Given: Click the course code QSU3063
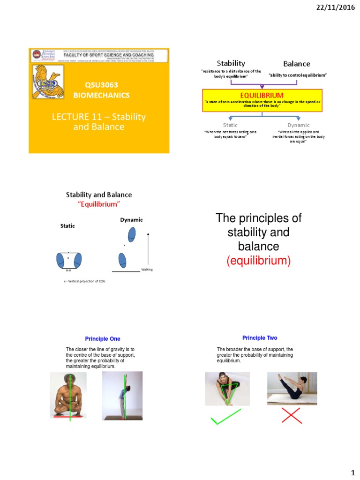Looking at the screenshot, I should point(101,85).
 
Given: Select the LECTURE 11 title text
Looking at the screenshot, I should point(99,121).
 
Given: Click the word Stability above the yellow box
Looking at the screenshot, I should point(230,63).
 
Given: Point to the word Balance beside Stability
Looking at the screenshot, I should point(296,64).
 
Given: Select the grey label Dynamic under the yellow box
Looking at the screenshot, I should point(299,125).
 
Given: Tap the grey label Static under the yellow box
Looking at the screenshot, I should point(230,125).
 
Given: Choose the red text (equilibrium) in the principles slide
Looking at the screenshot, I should point(258,261).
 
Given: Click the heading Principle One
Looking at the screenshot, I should point(102,338).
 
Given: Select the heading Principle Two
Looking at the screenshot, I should point(260,337).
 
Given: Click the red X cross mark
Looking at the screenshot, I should point(292,415).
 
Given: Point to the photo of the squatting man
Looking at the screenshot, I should point(68,395).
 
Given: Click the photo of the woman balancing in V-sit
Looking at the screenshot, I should point(292,389).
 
